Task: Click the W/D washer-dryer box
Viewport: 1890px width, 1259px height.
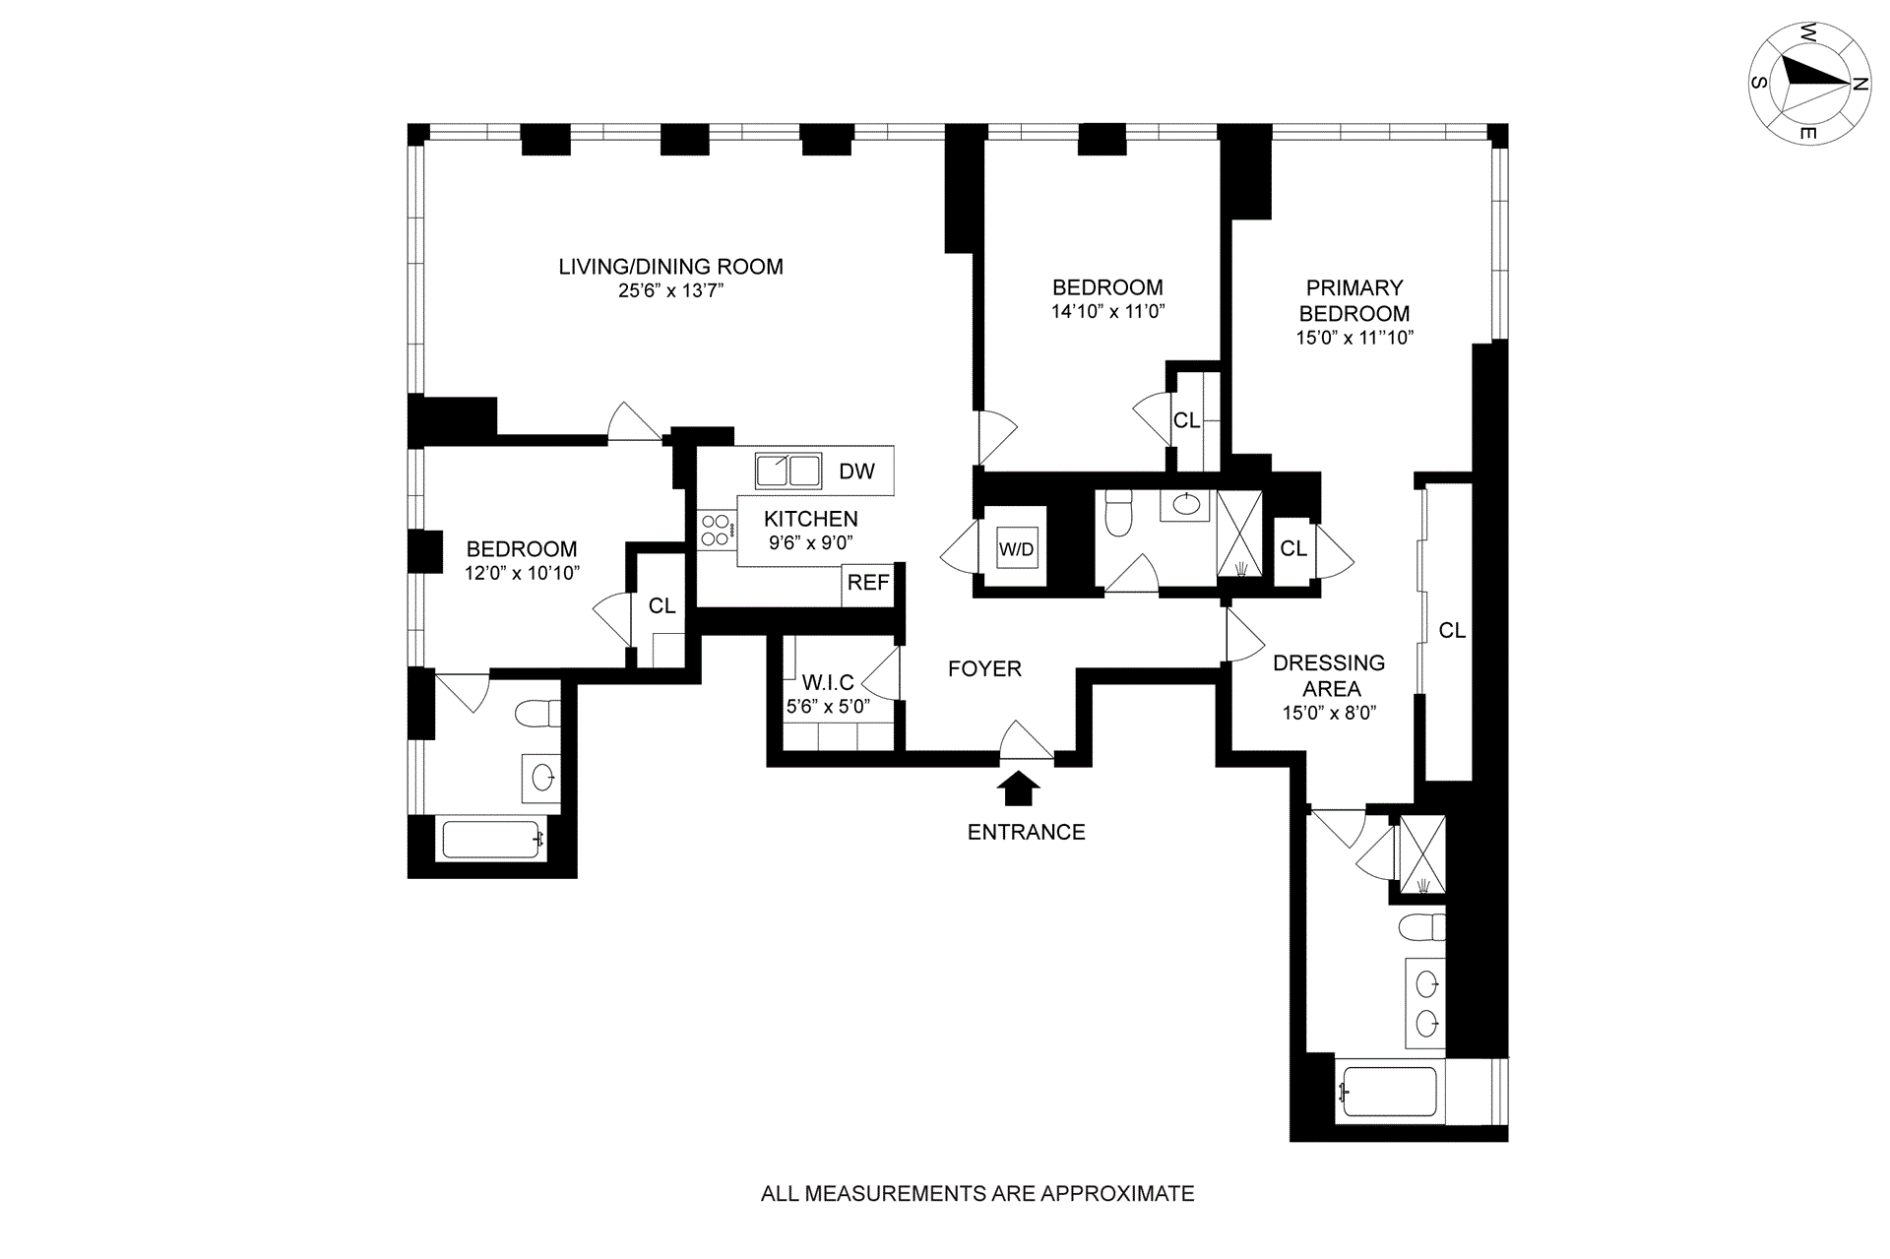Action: [1017, 548]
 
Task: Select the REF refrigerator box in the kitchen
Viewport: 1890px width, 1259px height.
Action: [868, 583]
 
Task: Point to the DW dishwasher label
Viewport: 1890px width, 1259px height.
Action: [856, 472]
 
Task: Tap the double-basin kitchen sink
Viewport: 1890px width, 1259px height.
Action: [787, 471]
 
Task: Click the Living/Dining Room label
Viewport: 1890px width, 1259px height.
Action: [670, 266]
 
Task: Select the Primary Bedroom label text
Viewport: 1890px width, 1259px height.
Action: [1354, 300]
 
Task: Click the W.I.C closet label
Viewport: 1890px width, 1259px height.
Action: [828, 682]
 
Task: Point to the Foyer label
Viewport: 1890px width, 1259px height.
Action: [984, 669]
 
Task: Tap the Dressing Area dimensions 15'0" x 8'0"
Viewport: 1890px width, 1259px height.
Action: [1328, 713]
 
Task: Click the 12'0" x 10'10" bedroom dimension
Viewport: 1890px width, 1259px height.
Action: [522, 573]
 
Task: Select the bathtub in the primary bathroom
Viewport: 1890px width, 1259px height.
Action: [1388, 1092]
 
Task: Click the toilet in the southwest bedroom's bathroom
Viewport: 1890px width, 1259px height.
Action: [537, 713]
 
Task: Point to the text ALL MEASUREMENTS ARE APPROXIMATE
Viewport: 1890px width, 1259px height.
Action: [977, 1194]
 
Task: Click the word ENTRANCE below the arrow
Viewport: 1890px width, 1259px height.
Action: [1026, 833]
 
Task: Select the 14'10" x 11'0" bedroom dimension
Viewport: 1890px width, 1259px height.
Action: [1107, 312]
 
